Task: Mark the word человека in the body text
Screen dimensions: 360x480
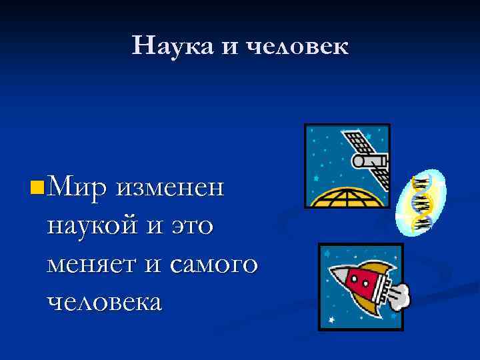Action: (x=104, y=303)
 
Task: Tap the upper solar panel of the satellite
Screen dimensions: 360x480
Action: (x=357, y=142)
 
